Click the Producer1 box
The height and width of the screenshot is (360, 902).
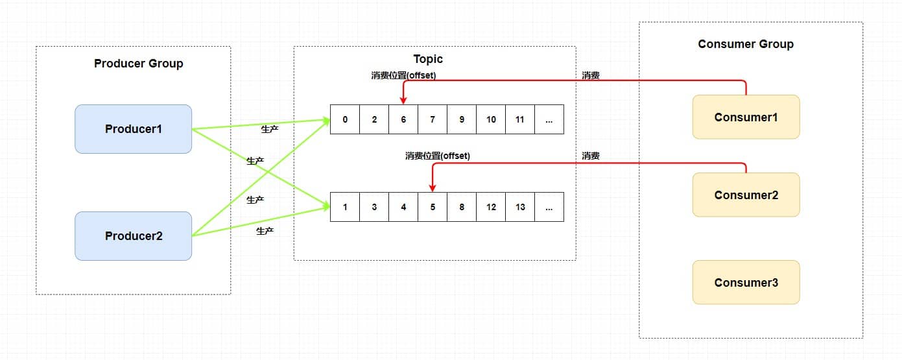(x=134, y=129)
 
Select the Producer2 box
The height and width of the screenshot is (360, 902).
(x=134, y=236)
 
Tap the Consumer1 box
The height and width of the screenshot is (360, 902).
(x=746, y=117)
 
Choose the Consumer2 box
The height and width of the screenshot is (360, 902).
(x=746, y=195)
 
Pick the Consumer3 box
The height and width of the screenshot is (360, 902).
(x=746, y=283)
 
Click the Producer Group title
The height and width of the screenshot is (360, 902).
(x=139, y=64)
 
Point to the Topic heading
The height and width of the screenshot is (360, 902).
(x=428, y=59)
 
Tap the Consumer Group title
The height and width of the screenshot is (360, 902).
(x=746, y=44)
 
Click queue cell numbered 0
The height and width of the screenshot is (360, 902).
(x=345, y=119)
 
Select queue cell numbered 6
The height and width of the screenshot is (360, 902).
(x=403, y=119)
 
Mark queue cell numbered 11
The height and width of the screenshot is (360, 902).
(x=520, y=119)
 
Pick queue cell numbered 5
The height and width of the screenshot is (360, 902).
(x=433, y=208)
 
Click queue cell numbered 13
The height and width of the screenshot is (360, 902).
(x=520, y=208)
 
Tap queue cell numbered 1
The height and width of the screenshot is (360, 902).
(x=345, y=208)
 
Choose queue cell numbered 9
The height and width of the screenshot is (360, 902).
(x=462, y=119)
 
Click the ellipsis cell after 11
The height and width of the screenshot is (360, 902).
(x=549, y=119)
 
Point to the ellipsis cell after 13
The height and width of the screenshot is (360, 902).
(x=549, y=208)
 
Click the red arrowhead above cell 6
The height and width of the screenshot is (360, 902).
(x=403, y=101)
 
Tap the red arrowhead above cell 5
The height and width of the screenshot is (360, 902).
(x=433, y=188)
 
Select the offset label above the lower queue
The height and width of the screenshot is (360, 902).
(x=437, y=156)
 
